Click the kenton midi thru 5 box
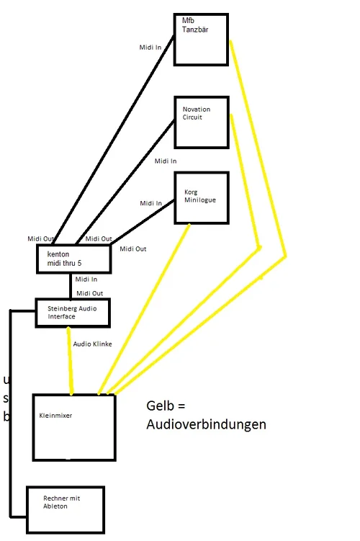pyautogui.click(x=74, y=259)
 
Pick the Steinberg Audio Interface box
pyautogui.click(x=73, y=313)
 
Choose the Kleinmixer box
pyautogui.click(x=74, y=427)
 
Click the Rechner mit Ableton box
pyautogui.click(x=65, y=509)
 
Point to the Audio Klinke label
pyautogui.click(x=92, y=344)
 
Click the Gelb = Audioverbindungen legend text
pyautogui.click(x=206, y=416)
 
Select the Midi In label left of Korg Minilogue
pyautogui.click(x=151, y=204)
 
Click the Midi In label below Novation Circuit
pyautogui.click(x=165, y=161)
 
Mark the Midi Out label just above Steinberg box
pyautogui.click(x=89, y=293)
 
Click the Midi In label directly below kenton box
pyautogui.click(x=86, y=279)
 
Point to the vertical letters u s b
pyautogui.click(x=6, y=398)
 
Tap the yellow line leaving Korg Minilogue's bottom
pyautogui.click(x=144, y=310)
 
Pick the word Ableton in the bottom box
pyautogui.click(x=55, y=506)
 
